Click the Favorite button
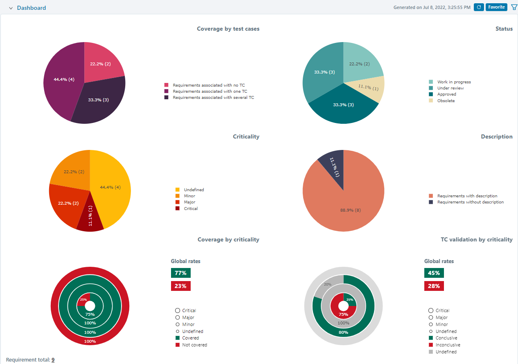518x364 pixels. (496, 7)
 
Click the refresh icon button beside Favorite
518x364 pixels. (479, 7)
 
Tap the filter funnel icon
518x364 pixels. (514, 7)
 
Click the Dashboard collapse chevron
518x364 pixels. (11, 8)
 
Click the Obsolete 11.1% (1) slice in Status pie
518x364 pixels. (368, 87)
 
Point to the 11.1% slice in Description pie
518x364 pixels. (333, 167)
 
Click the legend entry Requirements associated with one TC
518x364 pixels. (209, 92)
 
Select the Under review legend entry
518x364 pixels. (450, 88)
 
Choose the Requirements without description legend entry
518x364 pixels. (470, 202)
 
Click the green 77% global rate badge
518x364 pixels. (180, 273)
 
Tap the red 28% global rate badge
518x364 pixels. (434, 286)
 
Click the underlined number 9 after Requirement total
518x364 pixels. (53, 360)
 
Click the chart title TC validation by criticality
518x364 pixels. (476, 240)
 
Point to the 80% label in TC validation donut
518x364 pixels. (344, 332)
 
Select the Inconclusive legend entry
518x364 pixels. (448, 345)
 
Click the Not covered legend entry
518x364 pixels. (194, 345)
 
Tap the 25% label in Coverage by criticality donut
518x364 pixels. (83, 299)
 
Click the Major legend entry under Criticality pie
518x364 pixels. (189, 202)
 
